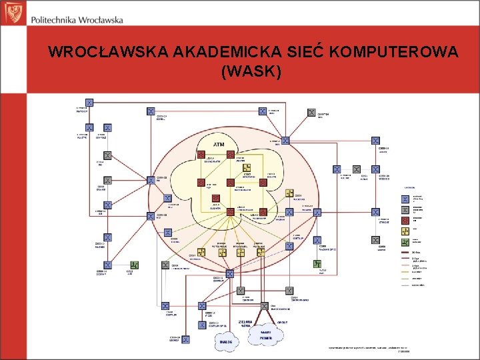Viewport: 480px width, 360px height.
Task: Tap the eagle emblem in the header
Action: point(12,12)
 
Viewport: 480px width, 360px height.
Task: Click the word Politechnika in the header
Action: point(55,19)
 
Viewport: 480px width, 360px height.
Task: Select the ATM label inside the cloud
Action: point(219,144)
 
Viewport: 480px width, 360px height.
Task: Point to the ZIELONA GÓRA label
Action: point(245,323)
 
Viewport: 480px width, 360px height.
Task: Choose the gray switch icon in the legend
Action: point(405,209)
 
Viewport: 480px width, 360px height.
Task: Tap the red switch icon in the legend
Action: point(405,219)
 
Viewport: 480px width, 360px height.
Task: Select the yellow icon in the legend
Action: point(405,230)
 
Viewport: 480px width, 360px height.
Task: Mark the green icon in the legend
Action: point(405,241)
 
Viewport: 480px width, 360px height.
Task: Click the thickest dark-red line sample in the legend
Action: point(405,253)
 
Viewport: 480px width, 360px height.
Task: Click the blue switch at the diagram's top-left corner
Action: point(89,103)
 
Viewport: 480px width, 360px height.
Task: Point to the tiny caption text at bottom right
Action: point(365,347)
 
